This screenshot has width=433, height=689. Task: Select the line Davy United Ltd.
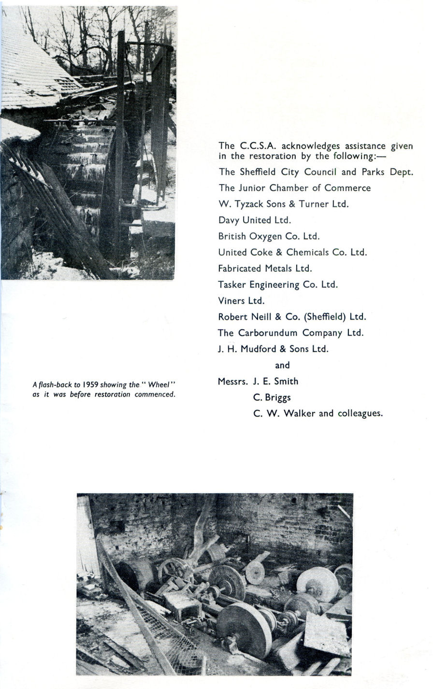pyautogui.click(x=251, y=220)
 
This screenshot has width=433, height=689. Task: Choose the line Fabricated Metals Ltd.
pyautogui.click(x=265, y=268)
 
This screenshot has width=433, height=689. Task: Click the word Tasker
pyautogui.click(x=232, y=285)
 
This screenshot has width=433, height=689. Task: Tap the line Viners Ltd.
pyautogui.click(x=241, y=301)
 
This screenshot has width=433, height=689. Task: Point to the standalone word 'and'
pyautogui.click(x=282, y=365)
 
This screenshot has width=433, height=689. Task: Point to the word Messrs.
pyautogui.click(x=232, y=381)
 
